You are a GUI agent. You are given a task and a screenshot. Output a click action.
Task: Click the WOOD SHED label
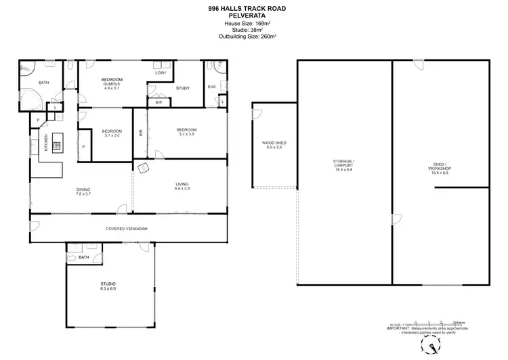(274, 143)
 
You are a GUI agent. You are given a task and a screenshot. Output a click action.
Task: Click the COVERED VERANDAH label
(126, 229)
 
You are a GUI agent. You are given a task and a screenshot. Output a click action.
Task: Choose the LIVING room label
(182, 183)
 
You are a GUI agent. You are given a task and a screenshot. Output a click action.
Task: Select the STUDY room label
(182, 88)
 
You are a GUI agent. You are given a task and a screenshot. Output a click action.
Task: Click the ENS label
(211, 87)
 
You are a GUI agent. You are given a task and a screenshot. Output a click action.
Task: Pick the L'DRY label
(161, 72)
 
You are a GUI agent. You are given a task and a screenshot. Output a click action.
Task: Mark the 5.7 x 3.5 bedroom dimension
(186, 134)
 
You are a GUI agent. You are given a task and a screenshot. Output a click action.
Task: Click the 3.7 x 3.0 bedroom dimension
(112, 135)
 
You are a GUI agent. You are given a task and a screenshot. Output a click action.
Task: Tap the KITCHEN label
(46, 142)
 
